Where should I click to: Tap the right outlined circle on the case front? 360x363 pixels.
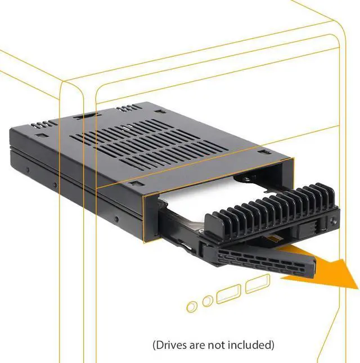[208, 301]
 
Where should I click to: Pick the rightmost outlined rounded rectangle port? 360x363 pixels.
[256, 283]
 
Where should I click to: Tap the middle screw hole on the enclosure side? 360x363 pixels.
[55, 185]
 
